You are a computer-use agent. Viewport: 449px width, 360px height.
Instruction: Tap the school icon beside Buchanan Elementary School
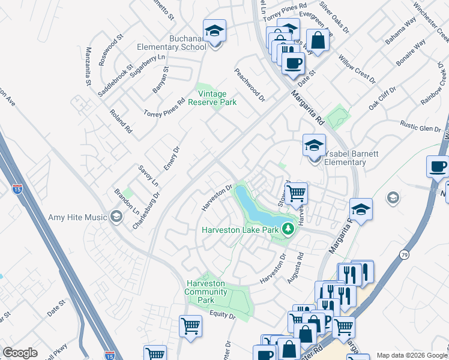(214, 30)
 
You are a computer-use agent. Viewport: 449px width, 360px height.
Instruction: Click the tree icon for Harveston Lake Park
(288, 229)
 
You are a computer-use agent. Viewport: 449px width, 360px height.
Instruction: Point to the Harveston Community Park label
(206, 291)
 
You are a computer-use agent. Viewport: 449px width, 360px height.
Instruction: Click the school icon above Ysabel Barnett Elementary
(313, 146)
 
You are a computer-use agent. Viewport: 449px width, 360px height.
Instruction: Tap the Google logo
(20, 353)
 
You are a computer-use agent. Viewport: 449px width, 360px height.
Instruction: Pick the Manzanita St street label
(89, 66)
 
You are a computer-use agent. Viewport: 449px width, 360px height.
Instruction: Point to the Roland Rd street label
(120, 121)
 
